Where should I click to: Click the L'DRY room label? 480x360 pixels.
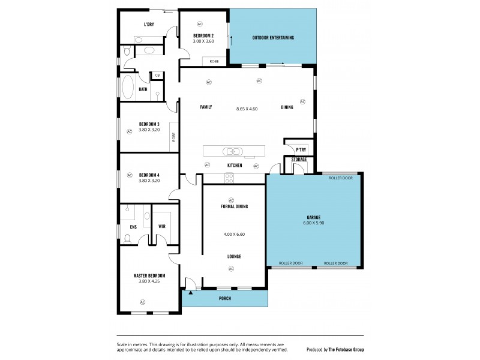[x=149, y=25]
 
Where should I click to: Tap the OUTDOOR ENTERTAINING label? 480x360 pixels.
[x=273, y=38]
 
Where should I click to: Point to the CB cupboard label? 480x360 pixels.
[x=157, y=75]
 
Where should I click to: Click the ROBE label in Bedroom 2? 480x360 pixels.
[x=214, y=61]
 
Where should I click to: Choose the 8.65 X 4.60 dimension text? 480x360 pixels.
[x=247, y=109]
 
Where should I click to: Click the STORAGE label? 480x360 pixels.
[x=299, y=160]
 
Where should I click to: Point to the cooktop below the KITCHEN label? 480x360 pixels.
[x=229, y=177]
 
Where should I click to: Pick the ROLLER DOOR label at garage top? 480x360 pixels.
[x=341, y=178]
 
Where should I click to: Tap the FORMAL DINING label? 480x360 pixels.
[x=234, y=206]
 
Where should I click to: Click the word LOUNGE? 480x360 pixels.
[x=234, y=256]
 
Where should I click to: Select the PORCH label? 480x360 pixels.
[x=224, y=298]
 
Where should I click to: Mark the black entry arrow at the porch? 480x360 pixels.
[x=191, y=292]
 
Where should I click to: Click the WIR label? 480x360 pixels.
[x=162, y=226]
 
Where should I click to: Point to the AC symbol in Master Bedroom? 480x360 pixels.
[x=143, y=301]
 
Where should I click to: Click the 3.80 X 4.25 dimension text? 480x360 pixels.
[x=148, y=281]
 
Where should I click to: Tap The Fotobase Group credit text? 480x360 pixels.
[x=346, y=349]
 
